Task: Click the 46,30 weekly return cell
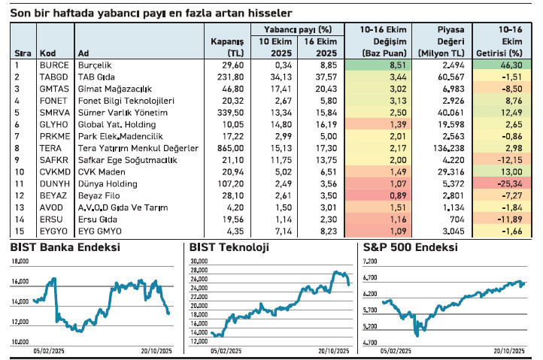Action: coord(509,65)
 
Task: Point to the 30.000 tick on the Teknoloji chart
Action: coord(199,261)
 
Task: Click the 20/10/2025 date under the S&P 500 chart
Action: coord(508,350)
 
